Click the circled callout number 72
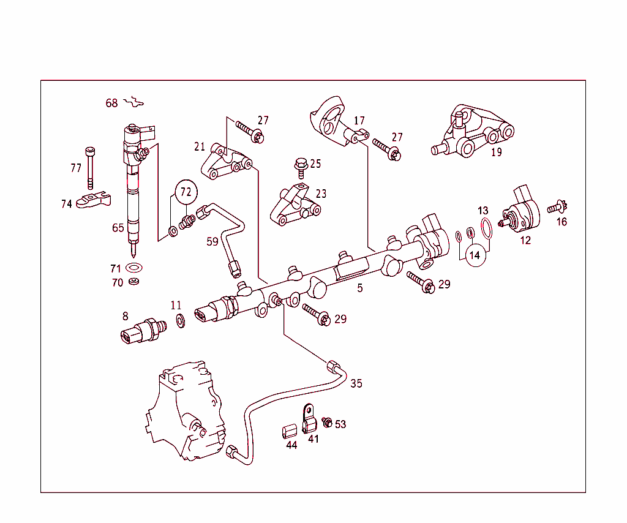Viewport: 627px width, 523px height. pyautogui.click(x=186, y=192)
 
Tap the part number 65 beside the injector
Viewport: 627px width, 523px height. pyautogui.click(x=118, y=228)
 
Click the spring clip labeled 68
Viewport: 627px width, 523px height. pyautogui.click(x=136, y=102)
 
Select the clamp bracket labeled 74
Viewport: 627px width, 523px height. pyautogui.click(x=95, y=200)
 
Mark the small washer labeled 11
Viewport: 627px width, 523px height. pyautogui.click(x=181, y=320)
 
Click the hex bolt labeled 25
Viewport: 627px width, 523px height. pyautogui.click(x=301, y=165)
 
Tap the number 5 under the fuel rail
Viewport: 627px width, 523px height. pyautogui.click(x=360, y=287)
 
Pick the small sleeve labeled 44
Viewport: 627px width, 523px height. pyautogui.click(x=289, y=431)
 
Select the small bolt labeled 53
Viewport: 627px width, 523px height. pyautogui.click(x=328, y=422)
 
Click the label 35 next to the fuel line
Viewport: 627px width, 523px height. pyautogui.click(x=356, y=383)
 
